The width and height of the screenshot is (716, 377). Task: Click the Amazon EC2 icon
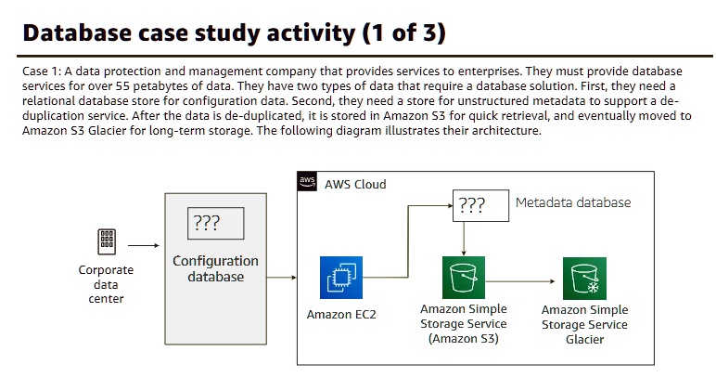point(340,278)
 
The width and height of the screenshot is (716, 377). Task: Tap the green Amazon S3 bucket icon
point(464,278)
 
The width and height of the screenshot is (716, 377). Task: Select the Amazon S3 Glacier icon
point(584,278)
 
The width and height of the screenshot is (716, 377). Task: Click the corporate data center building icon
point(107,241)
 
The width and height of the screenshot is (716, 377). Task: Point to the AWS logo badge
point(307,182)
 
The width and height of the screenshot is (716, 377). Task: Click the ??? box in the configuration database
point(215,223)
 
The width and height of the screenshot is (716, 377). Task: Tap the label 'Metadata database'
point(572,202)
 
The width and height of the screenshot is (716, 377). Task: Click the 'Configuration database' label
point(215,268)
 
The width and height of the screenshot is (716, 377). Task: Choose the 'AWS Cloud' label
point(355,184)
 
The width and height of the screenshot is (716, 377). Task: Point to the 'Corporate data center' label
point(106,284)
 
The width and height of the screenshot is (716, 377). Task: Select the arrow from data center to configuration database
point(143,246)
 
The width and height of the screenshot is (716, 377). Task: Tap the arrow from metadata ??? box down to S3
point(464,238)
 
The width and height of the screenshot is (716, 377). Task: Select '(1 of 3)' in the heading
point(398,33)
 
